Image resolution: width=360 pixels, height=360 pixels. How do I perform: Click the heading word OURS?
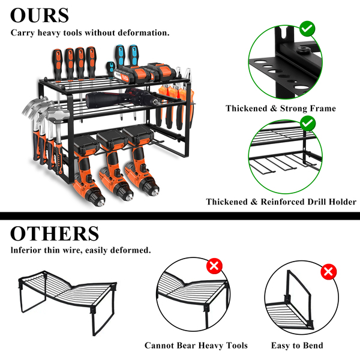pos(40,15)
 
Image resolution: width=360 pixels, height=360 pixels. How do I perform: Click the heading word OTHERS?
pos(55,233)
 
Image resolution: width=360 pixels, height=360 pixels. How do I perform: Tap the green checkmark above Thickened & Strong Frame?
pos(307,28)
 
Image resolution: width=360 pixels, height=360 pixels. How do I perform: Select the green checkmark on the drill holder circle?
pos(307,124)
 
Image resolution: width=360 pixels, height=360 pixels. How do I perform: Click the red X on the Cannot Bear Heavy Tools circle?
pos(213,266)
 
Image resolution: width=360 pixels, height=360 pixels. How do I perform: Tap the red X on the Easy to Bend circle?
pos(328,272)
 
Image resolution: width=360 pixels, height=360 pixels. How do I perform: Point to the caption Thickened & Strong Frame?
pos(280,109)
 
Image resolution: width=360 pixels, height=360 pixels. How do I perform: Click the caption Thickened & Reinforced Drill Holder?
pos(281,202)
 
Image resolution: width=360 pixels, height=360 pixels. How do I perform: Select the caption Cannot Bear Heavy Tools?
pos(196,346)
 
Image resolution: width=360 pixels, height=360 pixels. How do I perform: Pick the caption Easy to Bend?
pos(296,346)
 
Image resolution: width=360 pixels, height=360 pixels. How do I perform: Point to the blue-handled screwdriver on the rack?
pos(121,60)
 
